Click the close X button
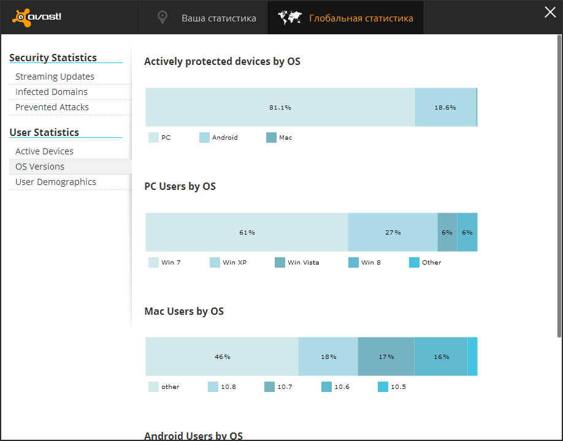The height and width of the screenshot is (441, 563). pyautogui.click(x=550, y=12)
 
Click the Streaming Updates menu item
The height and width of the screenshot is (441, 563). pyautogui.click(x=55, y=77)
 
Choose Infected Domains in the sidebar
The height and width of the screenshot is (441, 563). pyautogui.click(x=52, y=92)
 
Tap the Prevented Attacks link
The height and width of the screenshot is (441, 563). pyautogui.click(x=52, y=107)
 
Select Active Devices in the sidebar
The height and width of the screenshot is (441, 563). pyautogui.click(x=44, y=151)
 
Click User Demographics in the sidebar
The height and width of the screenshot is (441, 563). pyautogui.click(x=56, y=182)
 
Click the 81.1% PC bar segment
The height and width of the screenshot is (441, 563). pyautogui.click(x=280, y=107)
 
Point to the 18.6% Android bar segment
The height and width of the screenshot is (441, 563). pyautogui.click(x=445, y=107)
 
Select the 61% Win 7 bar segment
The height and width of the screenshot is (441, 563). pyautogui.click(x=247, y=232)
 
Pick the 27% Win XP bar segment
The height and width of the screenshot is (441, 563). pyautogui.click(x=393, y=232)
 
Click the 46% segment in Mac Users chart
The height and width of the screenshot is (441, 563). pyautogui.click(x=222, y=356)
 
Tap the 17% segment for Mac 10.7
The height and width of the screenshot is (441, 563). pyautogui.click(x=386, y=356)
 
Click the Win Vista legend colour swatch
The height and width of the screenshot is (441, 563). pyautogui.click(x=280, y=262)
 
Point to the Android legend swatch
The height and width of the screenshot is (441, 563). pyautogui.click(x=205, y=138)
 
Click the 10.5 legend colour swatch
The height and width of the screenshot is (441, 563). pyautogui.click(x=383, y=386)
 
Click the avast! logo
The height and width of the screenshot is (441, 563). pyautogui.click(x=37, y=17)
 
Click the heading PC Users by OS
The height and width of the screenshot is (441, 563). pyautogui.click(x=180, y=186)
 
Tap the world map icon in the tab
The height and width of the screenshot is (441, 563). pyautogui.click(x=290, y=18)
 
